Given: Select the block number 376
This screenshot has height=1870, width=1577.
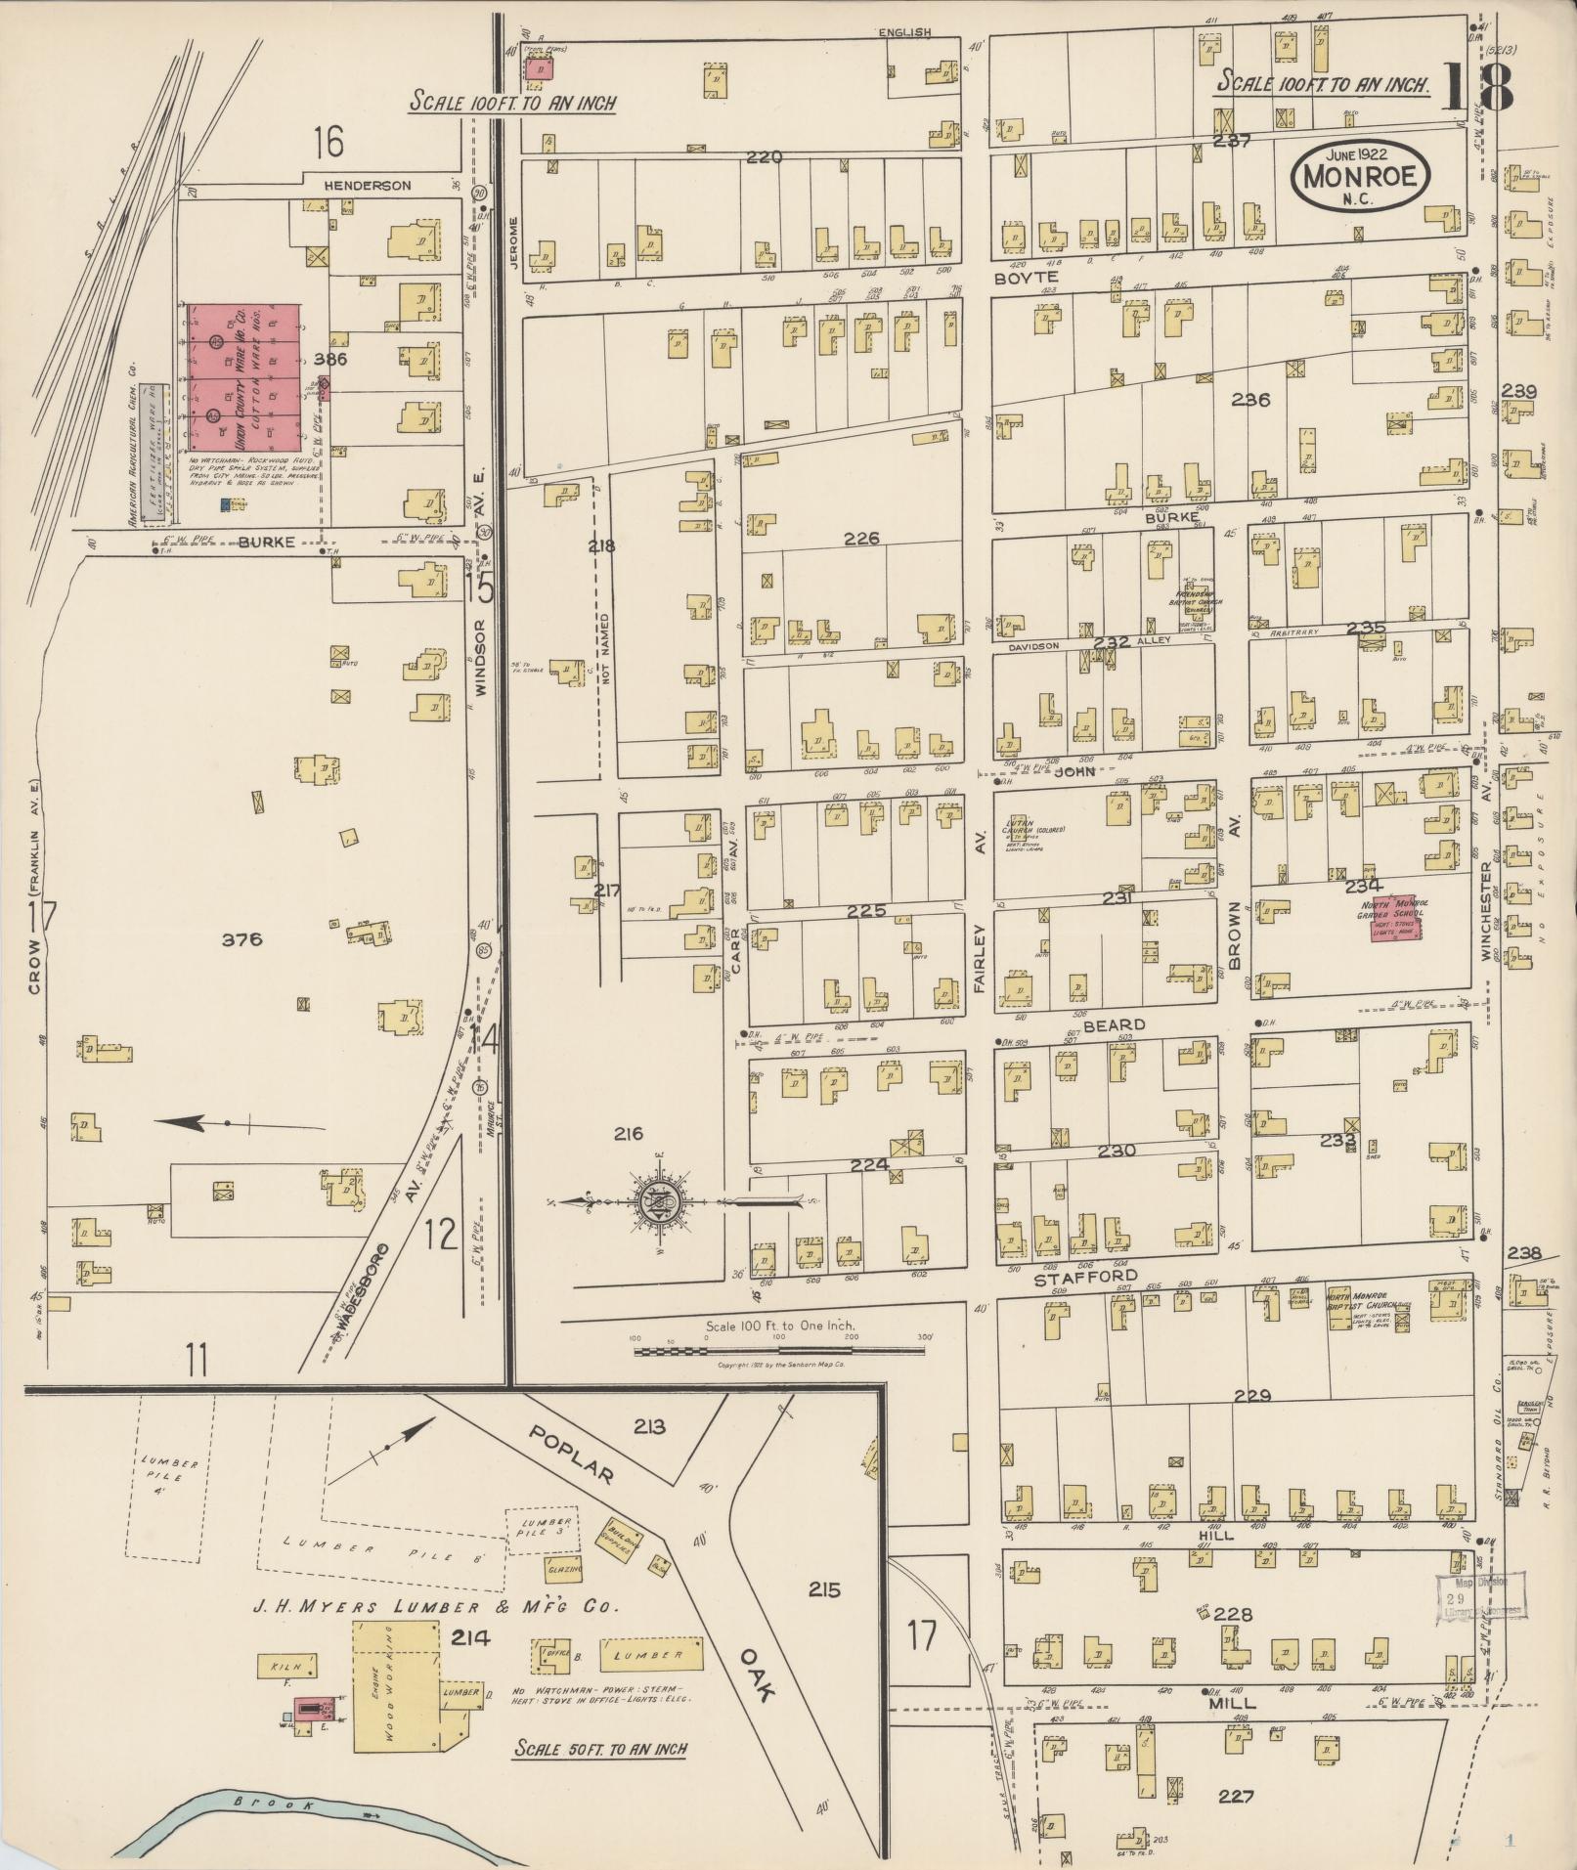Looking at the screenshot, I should coord(241,939).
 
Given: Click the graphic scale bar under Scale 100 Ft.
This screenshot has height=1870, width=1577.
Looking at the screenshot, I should coord(778,1351).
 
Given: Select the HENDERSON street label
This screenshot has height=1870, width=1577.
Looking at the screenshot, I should coord(370,185).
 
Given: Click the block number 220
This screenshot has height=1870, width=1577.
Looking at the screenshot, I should coord(765,156).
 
